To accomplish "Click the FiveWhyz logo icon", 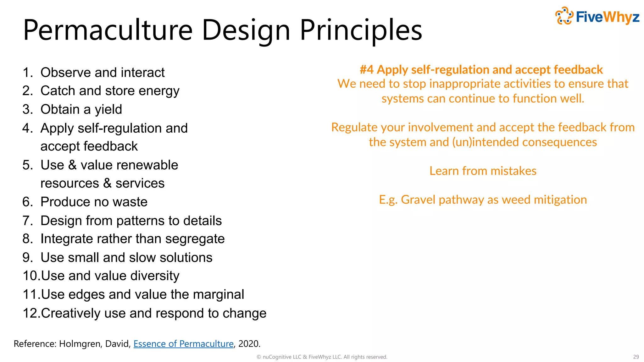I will click(564, 16).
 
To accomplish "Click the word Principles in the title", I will click(361, 30).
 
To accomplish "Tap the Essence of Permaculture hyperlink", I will click(183, 344).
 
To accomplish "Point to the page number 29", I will click(636, 357).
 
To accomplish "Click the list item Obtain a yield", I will click(81, 109).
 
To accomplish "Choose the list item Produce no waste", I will click(94, 202).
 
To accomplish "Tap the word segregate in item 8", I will click(195, 239).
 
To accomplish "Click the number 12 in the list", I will click(31, 313).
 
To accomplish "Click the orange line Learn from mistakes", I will click(483, 171).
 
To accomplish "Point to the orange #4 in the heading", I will click(366, 70).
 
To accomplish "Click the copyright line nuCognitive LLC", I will click(322, 357).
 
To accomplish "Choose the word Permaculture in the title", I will click(108, 30).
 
